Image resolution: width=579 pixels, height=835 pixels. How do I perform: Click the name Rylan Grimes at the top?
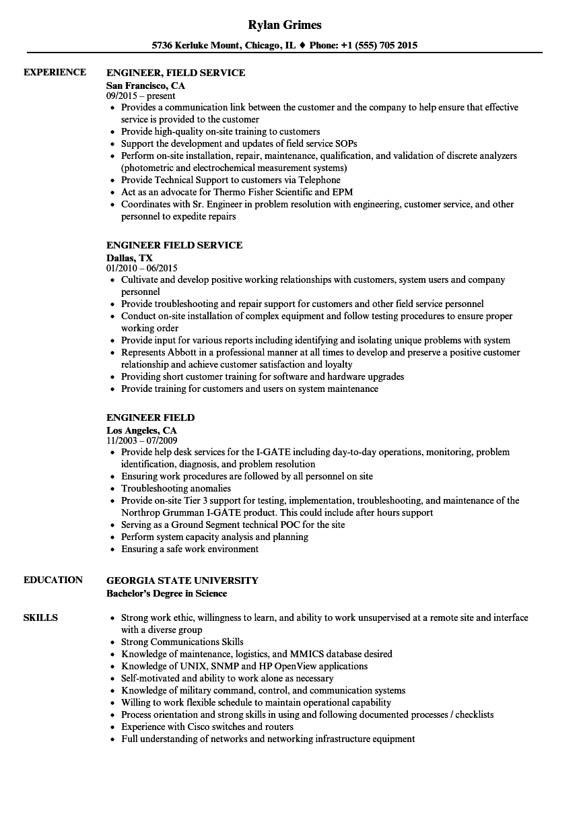tap(285, 25)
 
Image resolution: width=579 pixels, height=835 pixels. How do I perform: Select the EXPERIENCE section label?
tap(55, 72)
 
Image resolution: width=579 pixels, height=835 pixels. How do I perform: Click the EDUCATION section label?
tap(53, 580)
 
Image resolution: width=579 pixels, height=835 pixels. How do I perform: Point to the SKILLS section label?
tap(40, 617)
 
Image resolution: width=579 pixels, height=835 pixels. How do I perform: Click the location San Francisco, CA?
tap(145, 86)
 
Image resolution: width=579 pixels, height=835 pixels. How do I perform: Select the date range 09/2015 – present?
tap(141, 96)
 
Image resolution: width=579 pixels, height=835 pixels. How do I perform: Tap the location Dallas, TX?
tap(129, 258)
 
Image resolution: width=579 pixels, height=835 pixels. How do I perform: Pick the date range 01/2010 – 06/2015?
tap(142, 269)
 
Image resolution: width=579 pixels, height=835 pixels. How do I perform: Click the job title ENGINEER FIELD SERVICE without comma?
tap(174, 245)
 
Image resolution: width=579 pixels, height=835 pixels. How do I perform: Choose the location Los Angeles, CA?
tap(141, 430)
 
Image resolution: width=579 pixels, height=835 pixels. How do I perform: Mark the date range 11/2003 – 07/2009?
tap(142, 441)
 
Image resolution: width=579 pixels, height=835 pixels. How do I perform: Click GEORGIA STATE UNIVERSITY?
tap(182, 580)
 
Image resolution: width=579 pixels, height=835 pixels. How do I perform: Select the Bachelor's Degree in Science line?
tap(166, 593)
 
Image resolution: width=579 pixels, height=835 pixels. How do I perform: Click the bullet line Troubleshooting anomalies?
tap(176, 488)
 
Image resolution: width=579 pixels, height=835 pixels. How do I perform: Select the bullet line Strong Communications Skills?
tap(182, 642)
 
